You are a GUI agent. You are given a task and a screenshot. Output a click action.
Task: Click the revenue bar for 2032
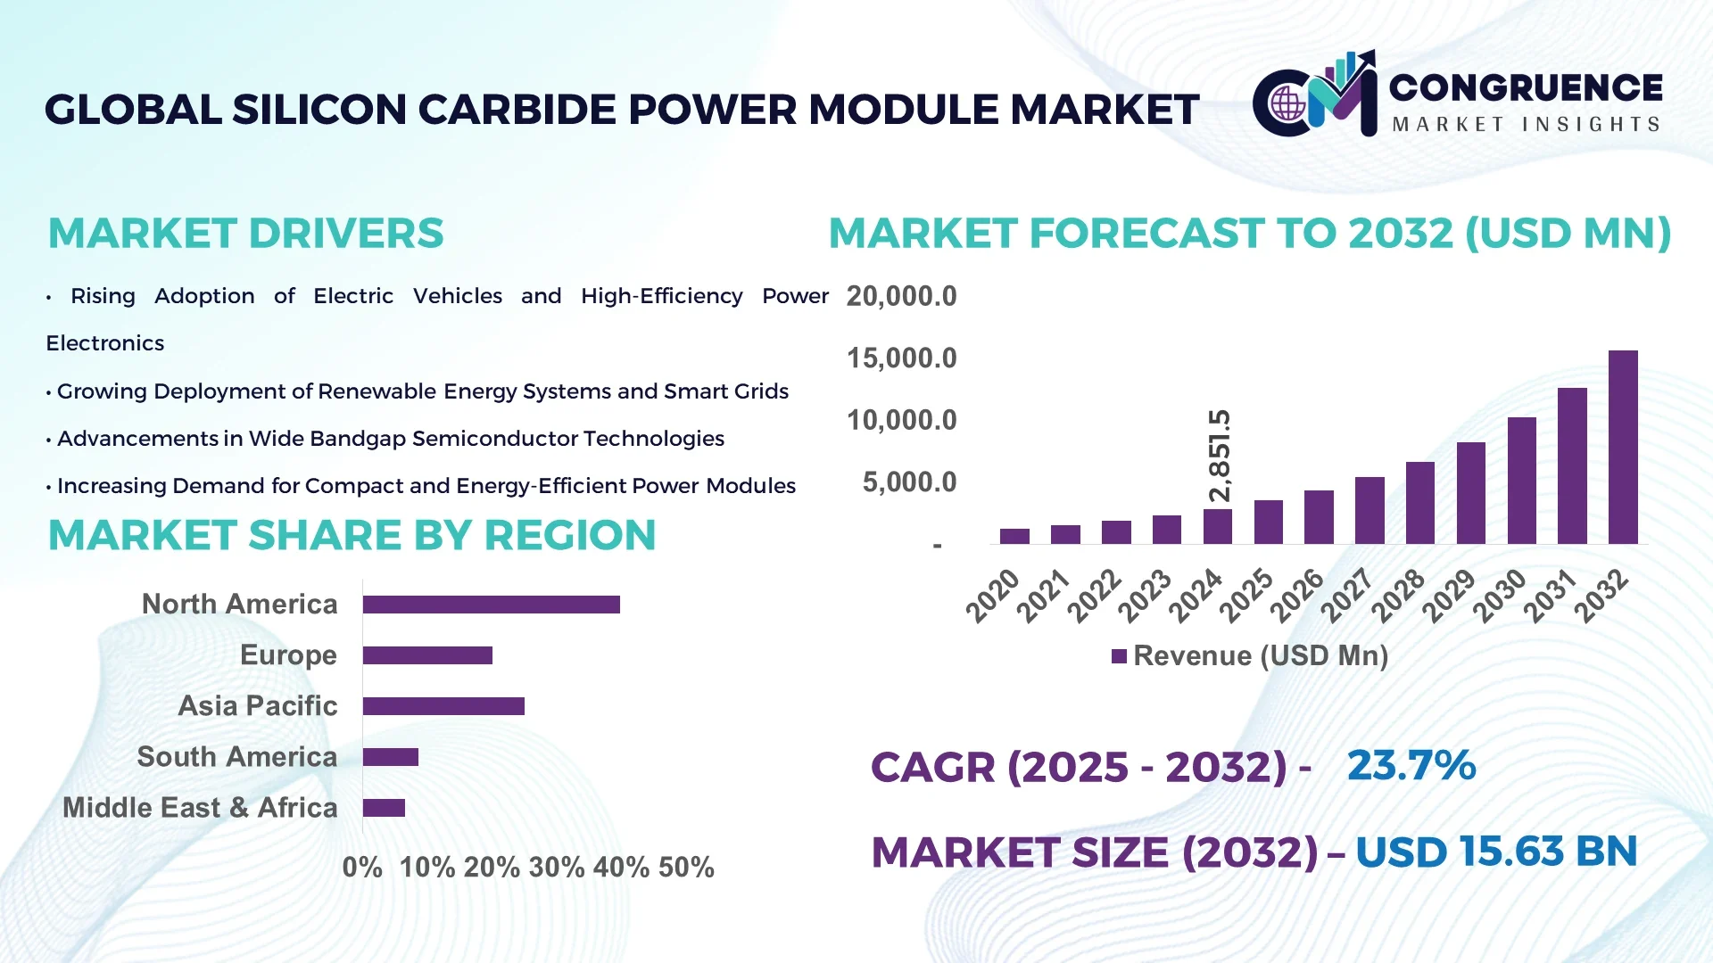coord(1623,447)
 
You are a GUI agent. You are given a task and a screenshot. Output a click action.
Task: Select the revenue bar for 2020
coord(1014,536)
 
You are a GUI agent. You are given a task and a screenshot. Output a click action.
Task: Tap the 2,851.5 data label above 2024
coord(1219,456)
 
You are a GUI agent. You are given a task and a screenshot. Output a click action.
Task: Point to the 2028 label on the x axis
coord(1398,595)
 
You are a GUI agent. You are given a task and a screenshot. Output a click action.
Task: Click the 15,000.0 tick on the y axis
coord(901,358)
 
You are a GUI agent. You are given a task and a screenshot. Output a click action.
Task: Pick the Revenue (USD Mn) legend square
coord(1119,656)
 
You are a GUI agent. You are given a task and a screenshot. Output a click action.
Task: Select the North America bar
coord(491,605)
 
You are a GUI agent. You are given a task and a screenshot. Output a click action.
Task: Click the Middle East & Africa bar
coord(384,808)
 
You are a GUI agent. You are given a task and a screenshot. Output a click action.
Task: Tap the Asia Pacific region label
coord(258,706)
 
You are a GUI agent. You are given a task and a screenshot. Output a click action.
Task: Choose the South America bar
coord(391,757)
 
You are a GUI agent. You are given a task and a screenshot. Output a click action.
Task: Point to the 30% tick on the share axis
coord(557,868)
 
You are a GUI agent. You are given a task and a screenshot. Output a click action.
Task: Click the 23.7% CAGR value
coord(1411,766)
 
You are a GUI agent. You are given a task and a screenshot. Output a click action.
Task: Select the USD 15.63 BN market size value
coord(1496,852)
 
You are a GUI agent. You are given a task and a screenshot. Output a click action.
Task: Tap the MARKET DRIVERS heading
coord(245,234)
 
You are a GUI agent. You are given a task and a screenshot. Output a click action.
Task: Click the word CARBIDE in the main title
coord(517,110)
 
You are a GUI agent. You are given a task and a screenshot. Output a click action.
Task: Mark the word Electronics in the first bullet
coord(105,343)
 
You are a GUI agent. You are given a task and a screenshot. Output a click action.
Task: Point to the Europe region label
coord(288,655)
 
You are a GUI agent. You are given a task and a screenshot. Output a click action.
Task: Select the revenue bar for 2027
coord(1370,510)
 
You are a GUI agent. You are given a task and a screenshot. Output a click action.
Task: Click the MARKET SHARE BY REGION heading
coord(352,536)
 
